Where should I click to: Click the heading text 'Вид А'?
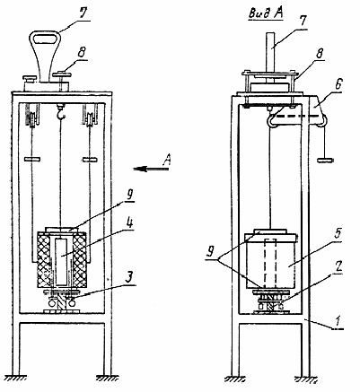pyautogui.click(x=266, y=13)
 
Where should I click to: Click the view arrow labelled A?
pyautogui.click(x=151, y=170)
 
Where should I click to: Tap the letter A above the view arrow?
pyautogui.click(x=166, y=160)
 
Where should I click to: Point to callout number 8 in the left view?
pyautogui.click(x=81, y=53)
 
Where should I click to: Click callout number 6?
pyautogui.click(x=338, y=84)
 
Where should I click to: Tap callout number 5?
pyautogui.click(x=338, y=234)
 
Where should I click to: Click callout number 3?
pyautogui.click(x=128, y=277)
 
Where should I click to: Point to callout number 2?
pyautogui.click(x=338, y=266)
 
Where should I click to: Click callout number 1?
pyautogui.click(x=338, y=322)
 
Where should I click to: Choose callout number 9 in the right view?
pyautogui.click(x=211, y=252)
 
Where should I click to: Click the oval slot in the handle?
pyautogui.click(x=45, y=39)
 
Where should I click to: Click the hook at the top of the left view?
pyautogui.click(x=61, y=113)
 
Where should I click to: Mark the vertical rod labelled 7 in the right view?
pyautogui.click(x=271, y=51)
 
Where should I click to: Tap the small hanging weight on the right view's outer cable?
pyautogui.click(x=325, y=160)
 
